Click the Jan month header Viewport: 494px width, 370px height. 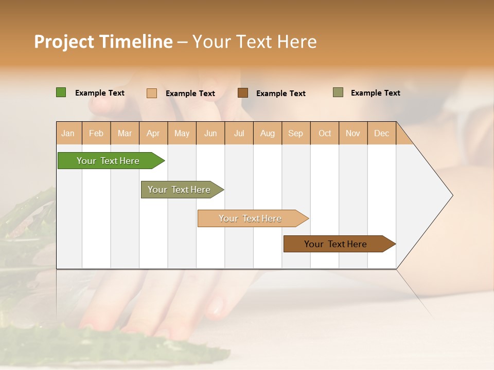(x=68, y=133)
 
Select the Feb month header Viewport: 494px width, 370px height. (x=96, y=133)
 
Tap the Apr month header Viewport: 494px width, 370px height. (x=153, y=133)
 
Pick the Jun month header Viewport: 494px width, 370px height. (x=210, y=133)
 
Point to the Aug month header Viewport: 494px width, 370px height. (x=268, y=133)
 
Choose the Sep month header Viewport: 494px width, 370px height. (x=296, y=133)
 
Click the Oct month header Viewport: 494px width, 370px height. (x=325, y=133)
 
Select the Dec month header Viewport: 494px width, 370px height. (x=382, y=133)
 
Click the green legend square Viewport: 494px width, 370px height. (x=61, y=92)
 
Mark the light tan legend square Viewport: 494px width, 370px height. (x=152, y=93)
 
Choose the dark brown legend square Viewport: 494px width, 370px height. (x=243, y=93)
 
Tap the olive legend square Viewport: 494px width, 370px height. (x=338, y=92)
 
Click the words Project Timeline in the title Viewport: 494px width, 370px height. (x=103, y=42)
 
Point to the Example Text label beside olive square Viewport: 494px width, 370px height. (x=375, y=93)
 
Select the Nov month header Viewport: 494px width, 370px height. (x=353, y=133)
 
